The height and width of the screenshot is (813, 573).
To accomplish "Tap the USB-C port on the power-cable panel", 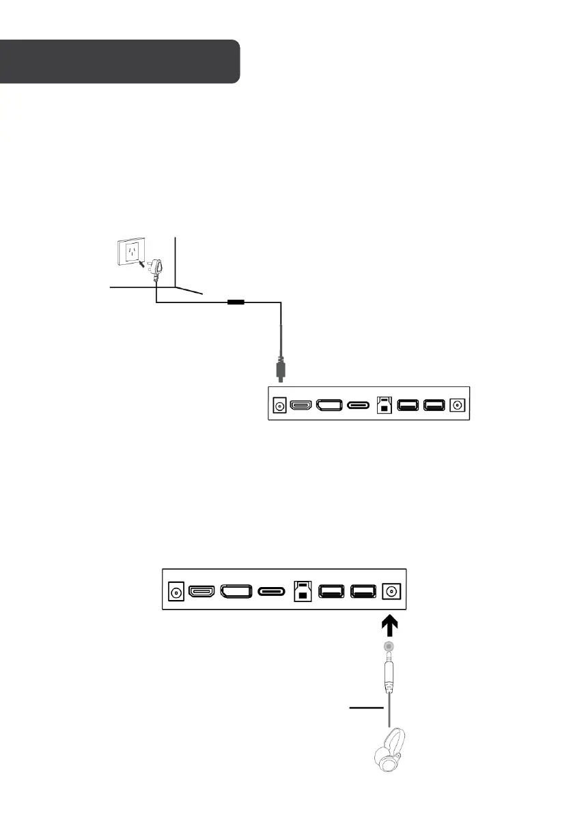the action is pos(362,405).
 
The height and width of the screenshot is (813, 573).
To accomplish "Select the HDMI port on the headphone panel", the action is pos(202,592).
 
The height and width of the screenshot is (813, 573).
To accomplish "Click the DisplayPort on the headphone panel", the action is pos(236,592).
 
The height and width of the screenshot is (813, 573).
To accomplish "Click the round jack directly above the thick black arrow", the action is pos(389,592).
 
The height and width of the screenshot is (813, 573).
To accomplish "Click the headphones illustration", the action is pos(388,751).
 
